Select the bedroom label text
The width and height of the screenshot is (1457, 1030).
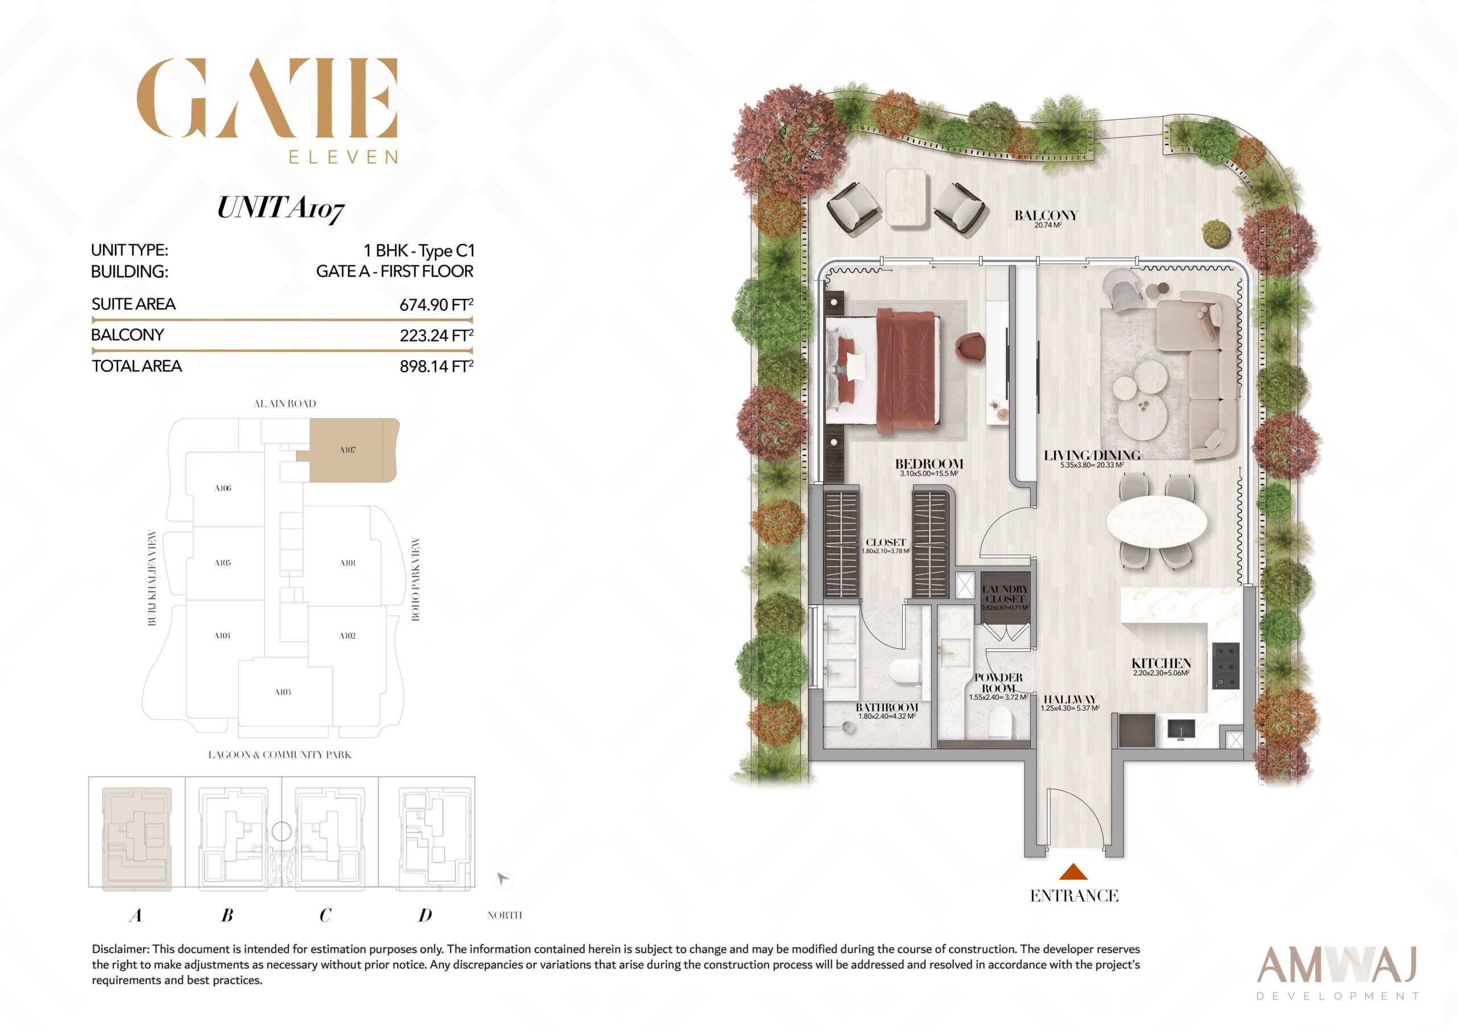(x=929, y=464)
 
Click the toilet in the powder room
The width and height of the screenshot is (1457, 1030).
(x=1000, y=722)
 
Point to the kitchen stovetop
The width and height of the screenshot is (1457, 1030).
(x=1225, y=666)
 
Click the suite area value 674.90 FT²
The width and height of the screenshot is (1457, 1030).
(x=436, y=304)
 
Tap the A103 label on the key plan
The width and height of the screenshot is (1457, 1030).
(x=282, y=693)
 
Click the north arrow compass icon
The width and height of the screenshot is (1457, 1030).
(x=504, y=880)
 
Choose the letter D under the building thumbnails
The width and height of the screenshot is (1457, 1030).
(x=425, y=915)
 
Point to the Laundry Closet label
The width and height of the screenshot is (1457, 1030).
(x=1005, y=594)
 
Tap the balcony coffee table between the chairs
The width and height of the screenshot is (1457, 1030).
(x=907, y=197)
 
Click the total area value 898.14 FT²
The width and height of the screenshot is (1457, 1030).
(x=436, y=366)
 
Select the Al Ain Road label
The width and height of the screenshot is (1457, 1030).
(x=285, y=403)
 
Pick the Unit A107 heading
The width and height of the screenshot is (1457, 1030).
(x=281, y=209)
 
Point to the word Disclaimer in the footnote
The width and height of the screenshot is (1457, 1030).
(x=120, y=949)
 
